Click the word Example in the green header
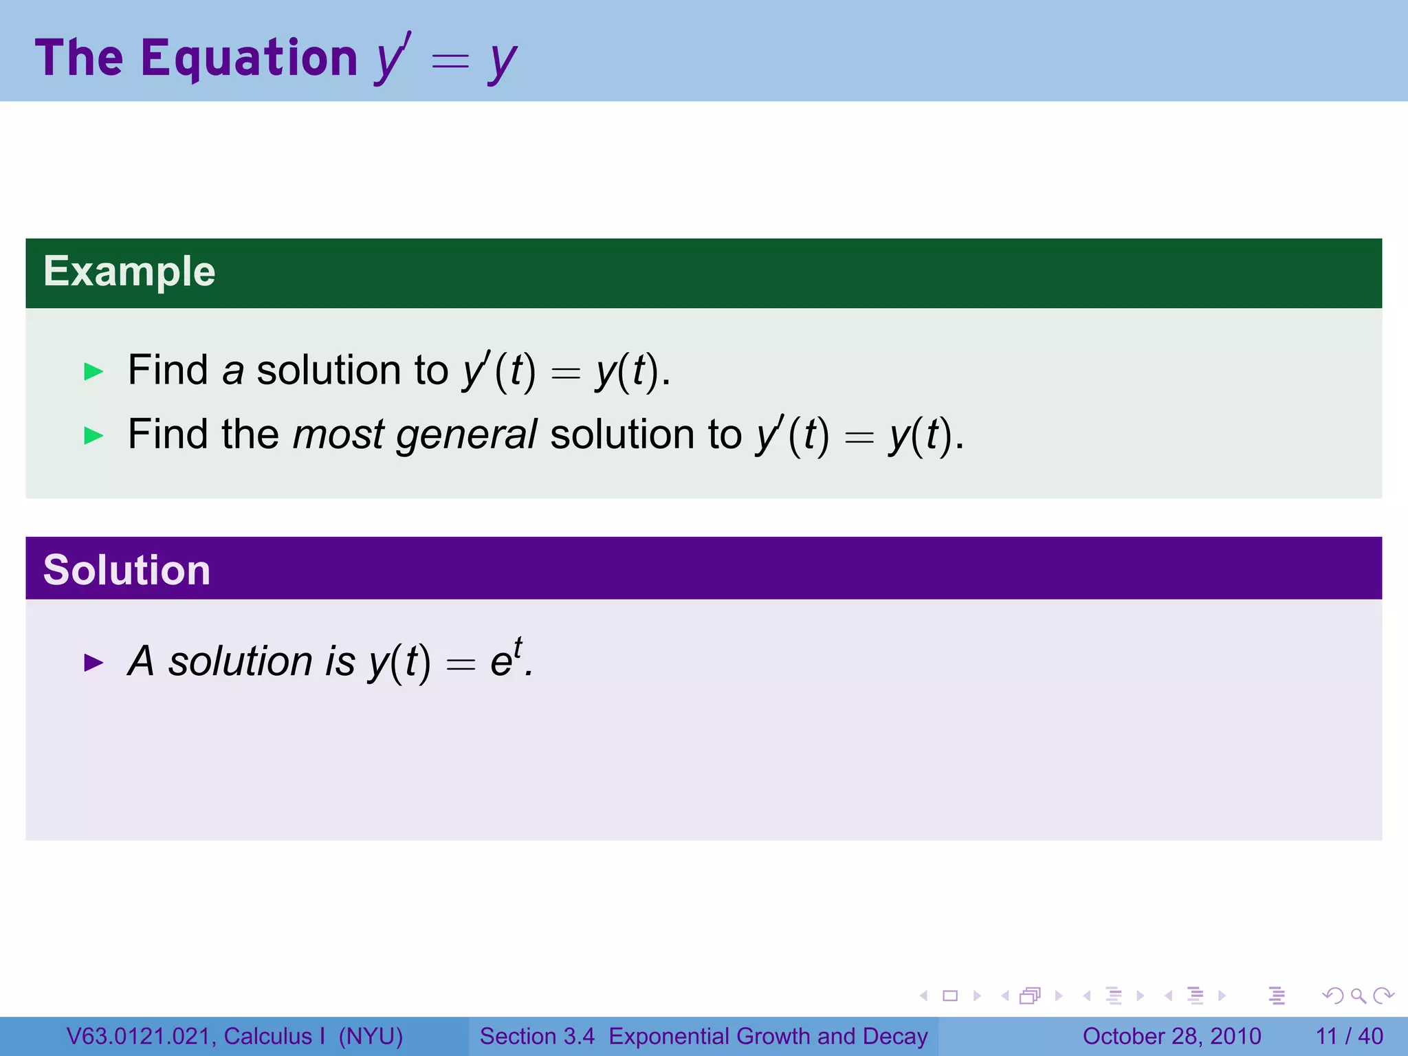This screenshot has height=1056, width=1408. (x=129, y=272)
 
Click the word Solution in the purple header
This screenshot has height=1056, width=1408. (x=126, y=570)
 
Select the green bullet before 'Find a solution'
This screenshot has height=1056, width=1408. (x=93, y=372)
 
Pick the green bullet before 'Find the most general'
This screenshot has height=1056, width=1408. (x=93, y=435)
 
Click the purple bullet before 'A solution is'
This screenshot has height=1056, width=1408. (x=93, y=663)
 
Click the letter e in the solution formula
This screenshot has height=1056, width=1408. (x=500, y=663)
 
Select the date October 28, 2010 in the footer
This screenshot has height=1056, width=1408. (x=1171, y=1036)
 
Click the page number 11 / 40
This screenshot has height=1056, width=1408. (x=1349, y=1036)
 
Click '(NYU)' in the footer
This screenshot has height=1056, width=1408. (x=371, y=1036)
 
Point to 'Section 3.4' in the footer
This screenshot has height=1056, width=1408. (x=537, y=1036)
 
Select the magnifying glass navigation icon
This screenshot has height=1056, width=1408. (x=1358, y=995)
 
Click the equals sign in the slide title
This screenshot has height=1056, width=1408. (x=450, y=62)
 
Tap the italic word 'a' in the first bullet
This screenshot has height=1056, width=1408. (x=233, y=372)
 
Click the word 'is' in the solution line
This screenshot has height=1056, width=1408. (x=340, y=661)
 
